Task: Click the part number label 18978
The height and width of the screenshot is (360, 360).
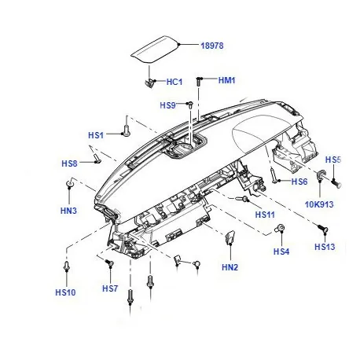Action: click(212, 46)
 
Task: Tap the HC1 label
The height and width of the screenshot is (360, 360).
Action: click(174, 82)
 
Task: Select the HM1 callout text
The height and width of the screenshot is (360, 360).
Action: click(227, 80)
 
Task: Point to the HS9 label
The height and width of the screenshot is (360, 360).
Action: click(167, 105)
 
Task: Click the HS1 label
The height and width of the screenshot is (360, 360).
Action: click(96, 135)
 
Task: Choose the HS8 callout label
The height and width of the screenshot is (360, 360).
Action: click(69, 163)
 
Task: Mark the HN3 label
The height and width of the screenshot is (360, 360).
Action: click(68, 211)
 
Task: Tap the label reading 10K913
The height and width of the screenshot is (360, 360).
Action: click(319, 204)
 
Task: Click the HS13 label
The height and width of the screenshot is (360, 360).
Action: click(325, 247)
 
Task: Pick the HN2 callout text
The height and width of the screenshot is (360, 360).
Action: click(230, 267)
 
